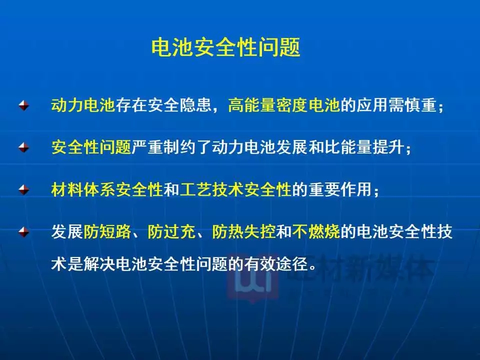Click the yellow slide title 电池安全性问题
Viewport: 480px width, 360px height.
226,47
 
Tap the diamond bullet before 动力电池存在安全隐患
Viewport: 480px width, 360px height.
23,105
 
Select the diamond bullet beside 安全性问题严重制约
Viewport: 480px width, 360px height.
23,147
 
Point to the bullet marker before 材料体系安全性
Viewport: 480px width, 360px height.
23,189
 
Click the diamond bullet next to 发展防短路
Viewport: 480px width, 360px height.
23,231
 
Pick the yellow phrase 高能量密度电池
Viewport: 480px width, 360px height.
284,105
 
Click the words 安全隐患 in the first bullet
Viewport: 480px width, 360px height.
179,105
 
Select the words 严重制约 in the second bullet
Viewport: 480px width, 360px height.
163,147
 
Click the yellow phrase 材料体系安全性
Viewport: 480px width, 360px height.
107,189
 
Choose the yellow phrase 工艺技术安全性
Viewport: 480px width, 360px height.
235,189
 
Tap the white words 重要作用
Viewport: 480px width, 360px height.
340,189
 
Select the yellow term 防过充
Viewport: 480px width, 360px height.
171,231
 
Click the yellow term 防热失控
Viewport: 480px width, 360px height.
243,231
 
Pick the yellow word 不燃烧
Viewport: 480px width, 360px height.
316,231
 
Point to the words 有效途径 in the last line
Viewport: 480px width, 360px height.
276,264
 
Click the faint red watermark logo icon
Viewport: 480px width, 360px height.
253,278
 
